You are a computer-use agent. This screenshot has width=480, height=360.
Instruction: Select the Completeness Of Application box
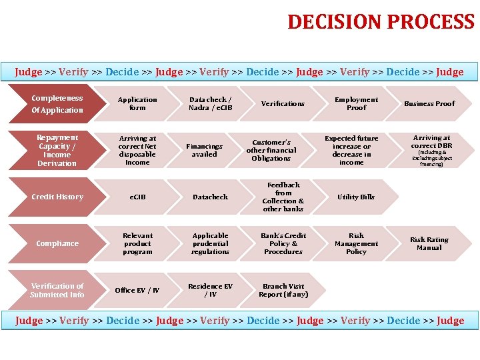pos(57,104)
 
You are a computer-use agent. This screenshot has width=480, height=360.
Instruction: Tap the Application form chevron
pos(137,104)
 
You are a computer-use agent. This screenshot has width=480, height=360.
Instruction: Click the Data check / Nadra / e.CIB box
pos(211,104)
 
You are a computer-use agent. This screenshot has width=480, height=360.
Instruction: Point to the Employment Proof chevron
pos(356,104)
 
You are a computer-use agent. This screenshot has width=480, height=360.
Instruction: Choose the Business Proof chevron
pos(429,104)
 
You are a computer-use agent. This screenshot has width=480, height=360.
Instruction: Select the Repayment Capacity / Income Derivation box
pos(57,151)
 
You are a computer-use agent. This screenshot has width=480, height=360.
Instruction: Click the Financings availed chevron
pos(204,151)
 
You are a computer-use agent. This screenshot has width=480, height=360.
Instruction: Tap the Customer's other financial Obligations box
pos(271,151)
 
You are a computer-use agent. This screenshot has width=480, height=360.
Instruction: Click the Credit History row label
pos(57,197)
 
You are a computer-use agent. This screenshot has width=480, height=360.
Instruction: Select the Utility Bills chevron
pos(356,197)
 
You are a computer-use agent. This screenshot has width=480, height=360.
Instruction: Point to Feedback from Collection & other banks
pos(283,197)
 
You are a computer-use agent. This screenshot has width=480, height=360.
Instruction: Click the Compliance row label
pos(57,244)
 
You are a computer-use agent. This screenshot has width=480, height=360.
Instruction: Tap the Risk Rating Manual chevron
pos(429,244)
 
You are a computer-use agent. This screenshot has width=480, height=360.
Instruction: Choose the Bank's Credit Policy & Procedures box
pos(283,244)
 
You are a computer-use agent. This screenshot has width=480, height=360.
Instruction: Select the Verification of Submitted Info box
pos(57,291)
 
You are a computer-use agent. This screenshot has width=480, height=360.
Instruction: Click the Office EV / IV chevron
pos(137,291)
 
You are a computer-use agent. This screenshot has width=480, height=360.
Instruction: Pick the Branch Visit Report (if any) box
pos(283,291)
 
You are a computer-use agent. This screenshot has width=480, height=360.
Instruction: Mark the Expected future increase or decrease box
pos(351,151)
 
